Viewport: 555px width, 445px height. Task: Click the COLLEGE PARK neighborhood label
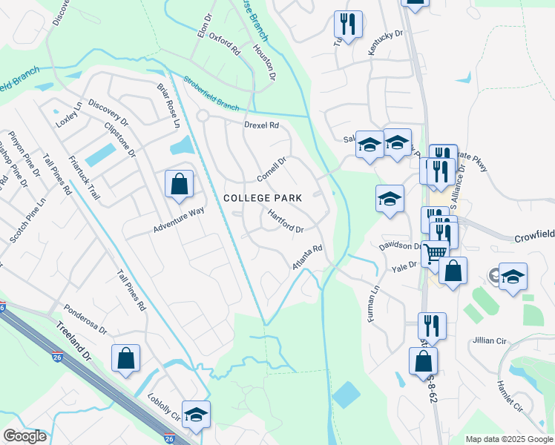coord(263,198)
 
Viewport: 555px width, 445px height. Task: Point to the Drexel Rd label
coord(261,125)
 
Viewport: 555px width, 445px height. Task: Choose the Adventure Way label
coord(179,220)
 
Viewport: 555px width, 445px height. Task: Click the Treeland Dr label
coord(75,343)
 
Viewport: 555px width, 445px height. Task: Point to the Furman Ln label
coord(372,305)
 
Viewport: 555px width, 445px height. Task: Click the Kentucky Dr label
coord(385,44)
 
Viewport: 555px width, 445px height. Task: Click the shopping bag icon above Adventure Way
coord(179,184)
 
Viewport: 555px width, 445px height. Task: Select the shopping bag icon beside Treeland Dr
coord(126,358)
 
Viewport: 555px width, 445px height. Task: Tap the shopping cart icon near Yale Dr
coord(436,254)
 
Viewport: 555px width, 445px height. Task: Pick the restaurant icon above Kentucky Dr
coord(347,24)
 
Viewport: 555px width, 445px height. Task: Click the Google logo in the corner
coord(24,436)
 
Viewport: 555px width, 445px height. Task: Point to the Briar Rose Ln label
coord(168,104)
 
